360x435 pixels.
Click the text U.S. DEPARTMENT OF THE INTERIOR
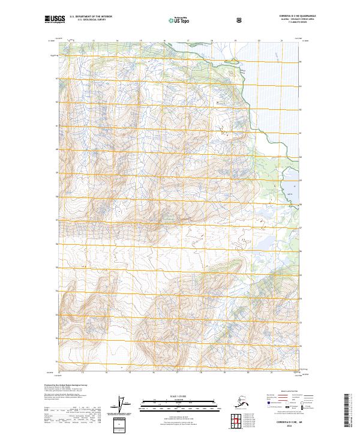91,17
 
